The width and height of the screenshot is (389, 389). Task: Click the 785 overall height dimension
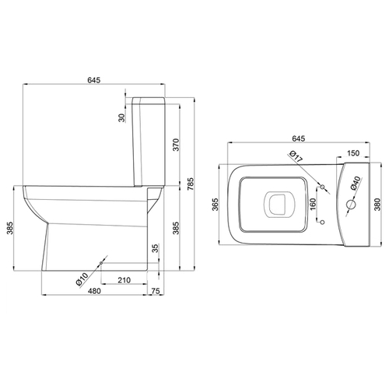(190, 184)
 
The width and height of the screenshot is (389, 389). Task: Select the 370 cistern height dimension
(176, 145)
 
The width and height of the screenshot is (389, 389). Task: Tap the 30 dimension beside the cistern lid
(122, 118)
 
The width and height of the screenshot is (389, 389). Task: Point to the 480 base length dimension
(94, 291)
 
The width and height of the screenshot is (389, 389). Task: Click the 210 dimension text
(124, 280)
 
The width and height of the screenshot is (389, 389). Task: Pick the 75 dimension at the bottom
(155, 291)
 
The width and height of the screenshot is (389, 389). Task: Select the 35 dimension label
(155, 248)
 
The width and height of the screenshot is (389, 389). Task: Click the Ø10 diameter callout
(82, 279)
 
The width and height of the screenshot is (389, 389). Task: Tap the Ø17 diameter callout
(296, 156)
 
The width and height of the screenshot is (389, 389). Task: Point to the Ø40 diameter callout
(355, 183)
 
